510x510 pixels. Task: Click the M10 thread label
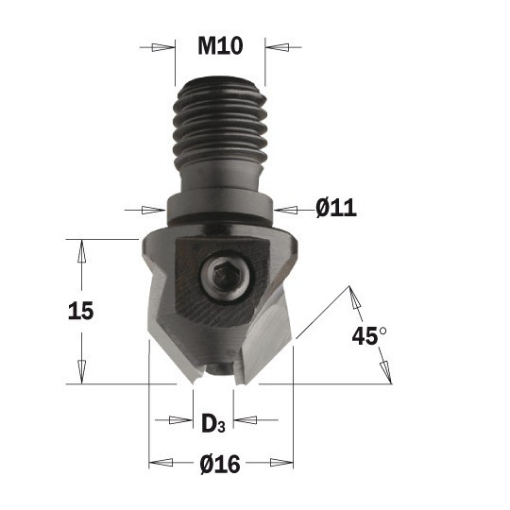220,46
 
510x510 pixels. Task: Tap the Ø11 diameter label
336,208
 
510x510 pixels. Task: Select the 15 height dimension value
81,311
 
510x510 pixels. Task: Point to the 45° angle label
369,335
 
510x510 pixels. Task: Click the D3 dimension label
213,423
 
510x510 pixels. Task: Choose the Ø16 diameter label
220,464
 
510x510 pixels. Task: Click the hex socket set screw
226,274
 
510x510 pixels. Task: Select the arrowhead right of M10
277,47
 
